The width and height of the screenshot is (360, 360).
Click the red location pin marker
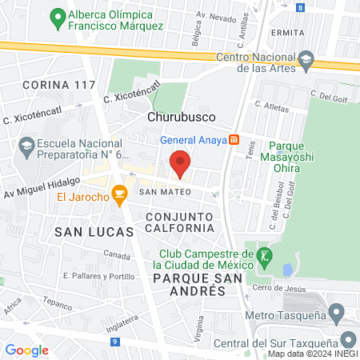181,164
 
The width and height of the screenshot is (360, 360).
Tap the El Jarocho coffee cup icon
119,193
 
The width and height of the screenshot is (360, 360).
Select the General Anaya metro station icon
234,139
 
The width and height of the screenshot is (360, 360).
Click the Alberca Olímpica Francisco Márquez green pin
57,15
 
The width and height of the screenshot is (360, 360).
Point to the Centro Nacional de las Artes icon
305,59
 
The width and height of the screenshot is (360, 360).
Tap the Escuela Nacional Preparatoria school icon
26,146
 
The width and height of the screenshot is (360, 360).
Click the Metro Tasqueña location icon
338,312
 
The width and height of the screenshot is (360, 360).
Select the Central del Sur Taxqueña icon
348,338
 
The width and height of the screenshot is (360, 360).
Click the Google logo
27,350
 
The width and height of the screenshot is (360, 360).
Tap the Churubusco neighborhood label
179,116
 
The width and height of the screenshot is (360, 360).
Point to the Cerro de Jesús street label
279,288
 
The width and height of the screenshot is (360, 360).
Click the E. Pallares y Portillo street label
99,276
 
